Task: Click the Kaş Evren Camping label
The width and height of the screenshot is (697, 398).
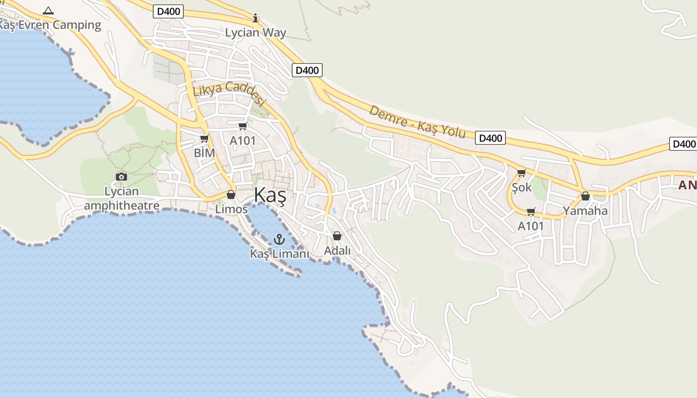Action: (x=50, y=25)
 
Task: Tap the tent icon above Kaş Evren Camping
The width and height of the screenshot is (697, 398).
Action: (x=48, y=10)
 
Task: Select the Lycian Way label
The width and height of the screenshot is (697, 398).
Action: (x=256, y=33)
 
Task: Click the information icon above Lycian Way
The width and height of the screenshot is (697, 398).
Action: (x=256, y=18)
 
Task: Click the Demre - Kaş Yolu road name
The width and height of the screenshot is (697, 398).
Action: (x=417, y=122)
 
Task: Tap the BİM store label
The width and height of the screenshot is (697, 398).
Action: (x=204, y=153)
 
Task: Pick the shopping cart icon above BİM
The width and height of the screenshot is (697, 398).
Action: (x=204, y=139)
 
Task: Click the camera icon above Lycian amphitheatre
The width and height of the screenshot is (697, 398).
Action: (x=121, y=177)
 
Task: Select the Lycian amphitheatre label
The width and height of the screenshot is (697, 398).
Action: (x=122, y=199)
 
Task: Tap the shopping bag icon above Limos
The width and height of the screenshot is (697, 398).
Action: (x=231, y=195)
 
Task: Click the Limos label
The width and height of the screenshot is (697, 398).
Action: (x=232, y=209)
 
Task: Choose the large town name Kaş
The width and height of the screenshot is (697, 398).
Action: (x=270, y=196)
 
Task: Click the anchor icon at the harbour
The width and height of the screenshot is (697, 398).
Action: (x=279, y=239)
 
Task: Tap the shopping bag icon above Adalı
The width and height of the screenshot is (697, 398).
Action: (x=337, y=236)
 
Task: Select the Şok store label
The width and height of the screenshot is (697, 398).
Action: (x=522, y=188)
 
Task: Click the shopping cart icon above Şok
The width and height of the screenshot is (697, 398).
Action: (x=521, y=173)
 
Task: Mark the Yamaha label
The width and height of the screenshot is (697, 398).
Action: (x=585, y=210)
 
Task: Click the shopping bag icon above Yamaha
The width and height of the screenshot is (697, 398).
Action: (x=585, y=196)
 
